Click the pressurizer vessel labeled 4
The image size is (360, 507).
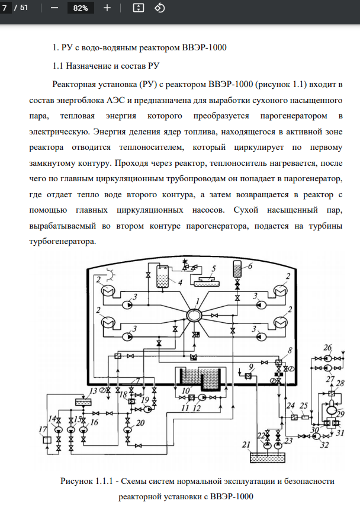click(159, 277)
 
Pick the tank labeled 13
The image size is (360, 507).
click(78, 402)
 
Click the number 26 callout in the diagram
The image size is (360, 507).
click(327, 346)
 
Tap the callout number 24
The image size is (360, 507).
click(290, 406)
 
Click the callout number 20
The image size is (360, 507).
click(140, 422)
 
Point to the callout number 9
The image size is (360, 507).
click(251, 366)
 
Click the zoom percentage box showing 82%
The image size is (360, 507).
click(81, 8)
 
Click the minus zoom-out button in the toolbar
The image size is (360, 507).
click(54, 8)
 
